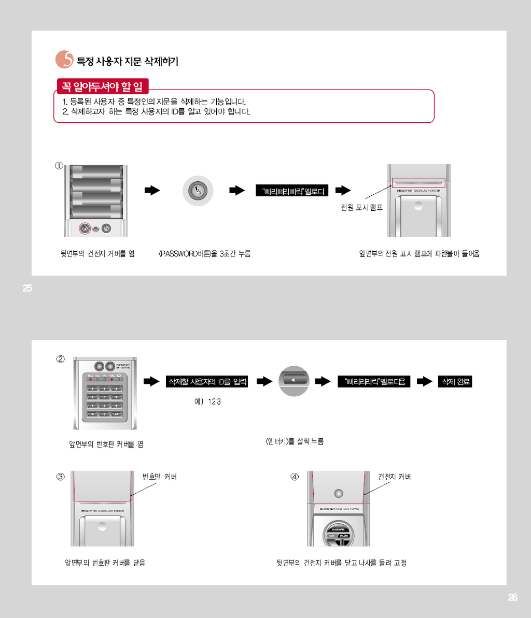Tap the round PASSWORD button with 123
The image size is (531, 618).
pos(198,191)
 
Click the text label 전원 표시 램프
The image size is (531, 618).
pos(361,208)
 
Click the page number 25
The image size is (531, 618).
pos(27,289)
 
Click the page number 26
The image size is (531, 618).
pos(512,597)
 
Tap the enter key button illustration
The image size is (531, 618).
pos(294,380)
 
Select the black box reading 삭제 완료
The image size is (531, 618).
pos(455,382)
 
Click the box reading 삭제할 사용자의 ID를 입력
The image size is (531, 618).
pos(207,382)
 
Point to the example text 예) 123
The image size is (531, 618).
pos(207,402)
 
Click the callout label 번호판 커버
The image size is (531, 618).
pos(160,477)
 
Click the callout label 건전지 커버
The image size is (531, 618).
pos(394,477)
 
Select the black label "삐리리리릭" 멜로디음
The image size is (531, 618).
pos(374,382)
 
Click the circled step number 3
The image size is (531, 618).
pos(60,477)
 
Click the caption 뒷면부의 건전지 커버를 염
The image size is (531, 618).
pos(97,253)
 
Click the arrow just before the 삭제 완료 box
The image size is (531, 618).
pos(424,382)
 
